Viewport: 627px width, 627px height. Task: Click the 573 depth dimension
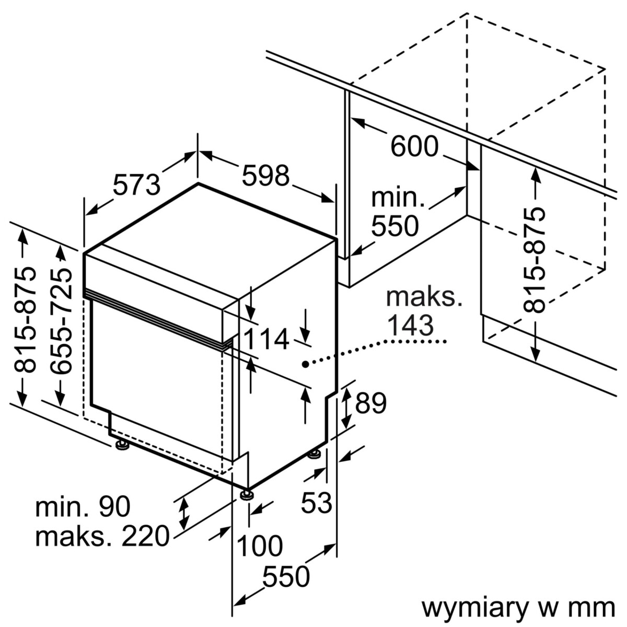pos(136,184)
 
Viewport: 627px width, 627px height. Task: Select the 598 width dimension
pos(265,176)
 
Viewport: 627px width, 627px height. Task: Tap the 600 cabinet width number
pos(414,146)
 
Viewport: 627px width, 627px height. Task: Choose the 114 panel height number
pos(267,340)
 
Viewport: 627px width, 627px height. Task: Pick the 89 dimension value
pos(371,403)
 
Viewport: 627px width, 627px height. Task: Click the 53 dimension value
pos(317,503)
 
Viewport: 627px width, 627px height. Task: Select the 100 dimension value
pos(260,546)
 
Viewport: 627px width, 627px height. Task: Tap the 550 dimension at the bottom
pos(286,577)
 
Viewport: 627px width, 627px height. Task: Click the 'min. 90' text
pos(83,507)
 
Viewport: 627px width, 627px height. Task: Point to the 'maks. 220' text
pos(102,536)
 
